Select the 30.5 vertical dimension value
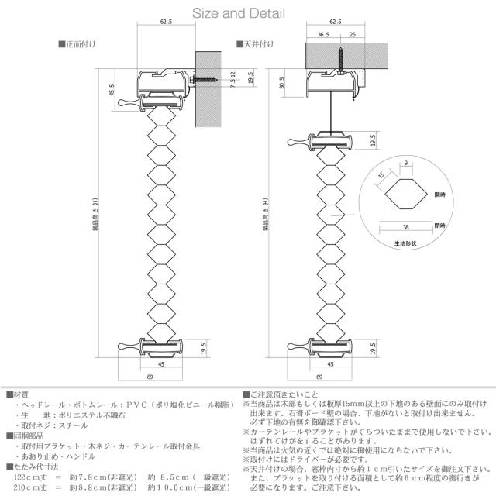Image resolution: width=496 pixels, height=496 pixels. [x=282, y=83]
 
